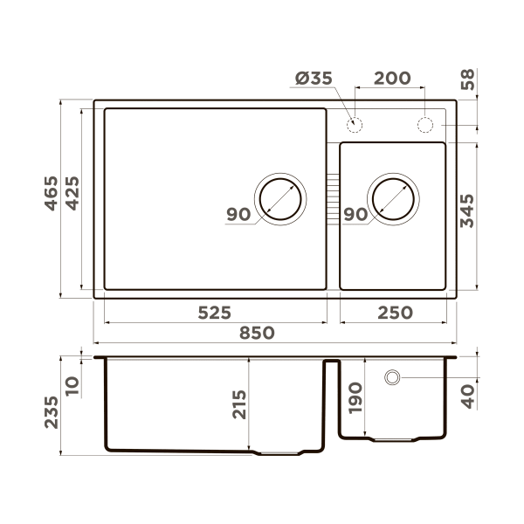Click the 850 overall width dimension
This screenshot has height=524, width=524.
(x=257, y=334)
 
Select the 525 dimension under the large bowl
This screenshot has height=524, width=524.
(x=215, y=314)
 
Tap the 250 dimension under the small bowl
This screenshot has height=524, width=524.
(x=396, y=314)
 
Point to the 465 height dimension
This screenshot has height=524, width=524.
(x=52, y=194)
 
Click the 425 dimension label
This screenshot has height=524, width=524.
(x=72, y=194)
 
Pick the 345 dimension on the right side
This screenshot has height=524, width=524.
(x=467, y=211)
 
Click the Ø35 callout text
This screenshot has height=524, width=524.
(x=314, y=79)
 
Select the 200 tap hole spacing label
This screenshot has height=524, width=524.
(x=392, y=79)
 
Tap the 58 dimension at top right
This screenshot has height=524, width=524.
(x=467, y=79)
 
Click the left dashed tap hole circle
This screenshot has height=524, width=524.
(x=355, y=125)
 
